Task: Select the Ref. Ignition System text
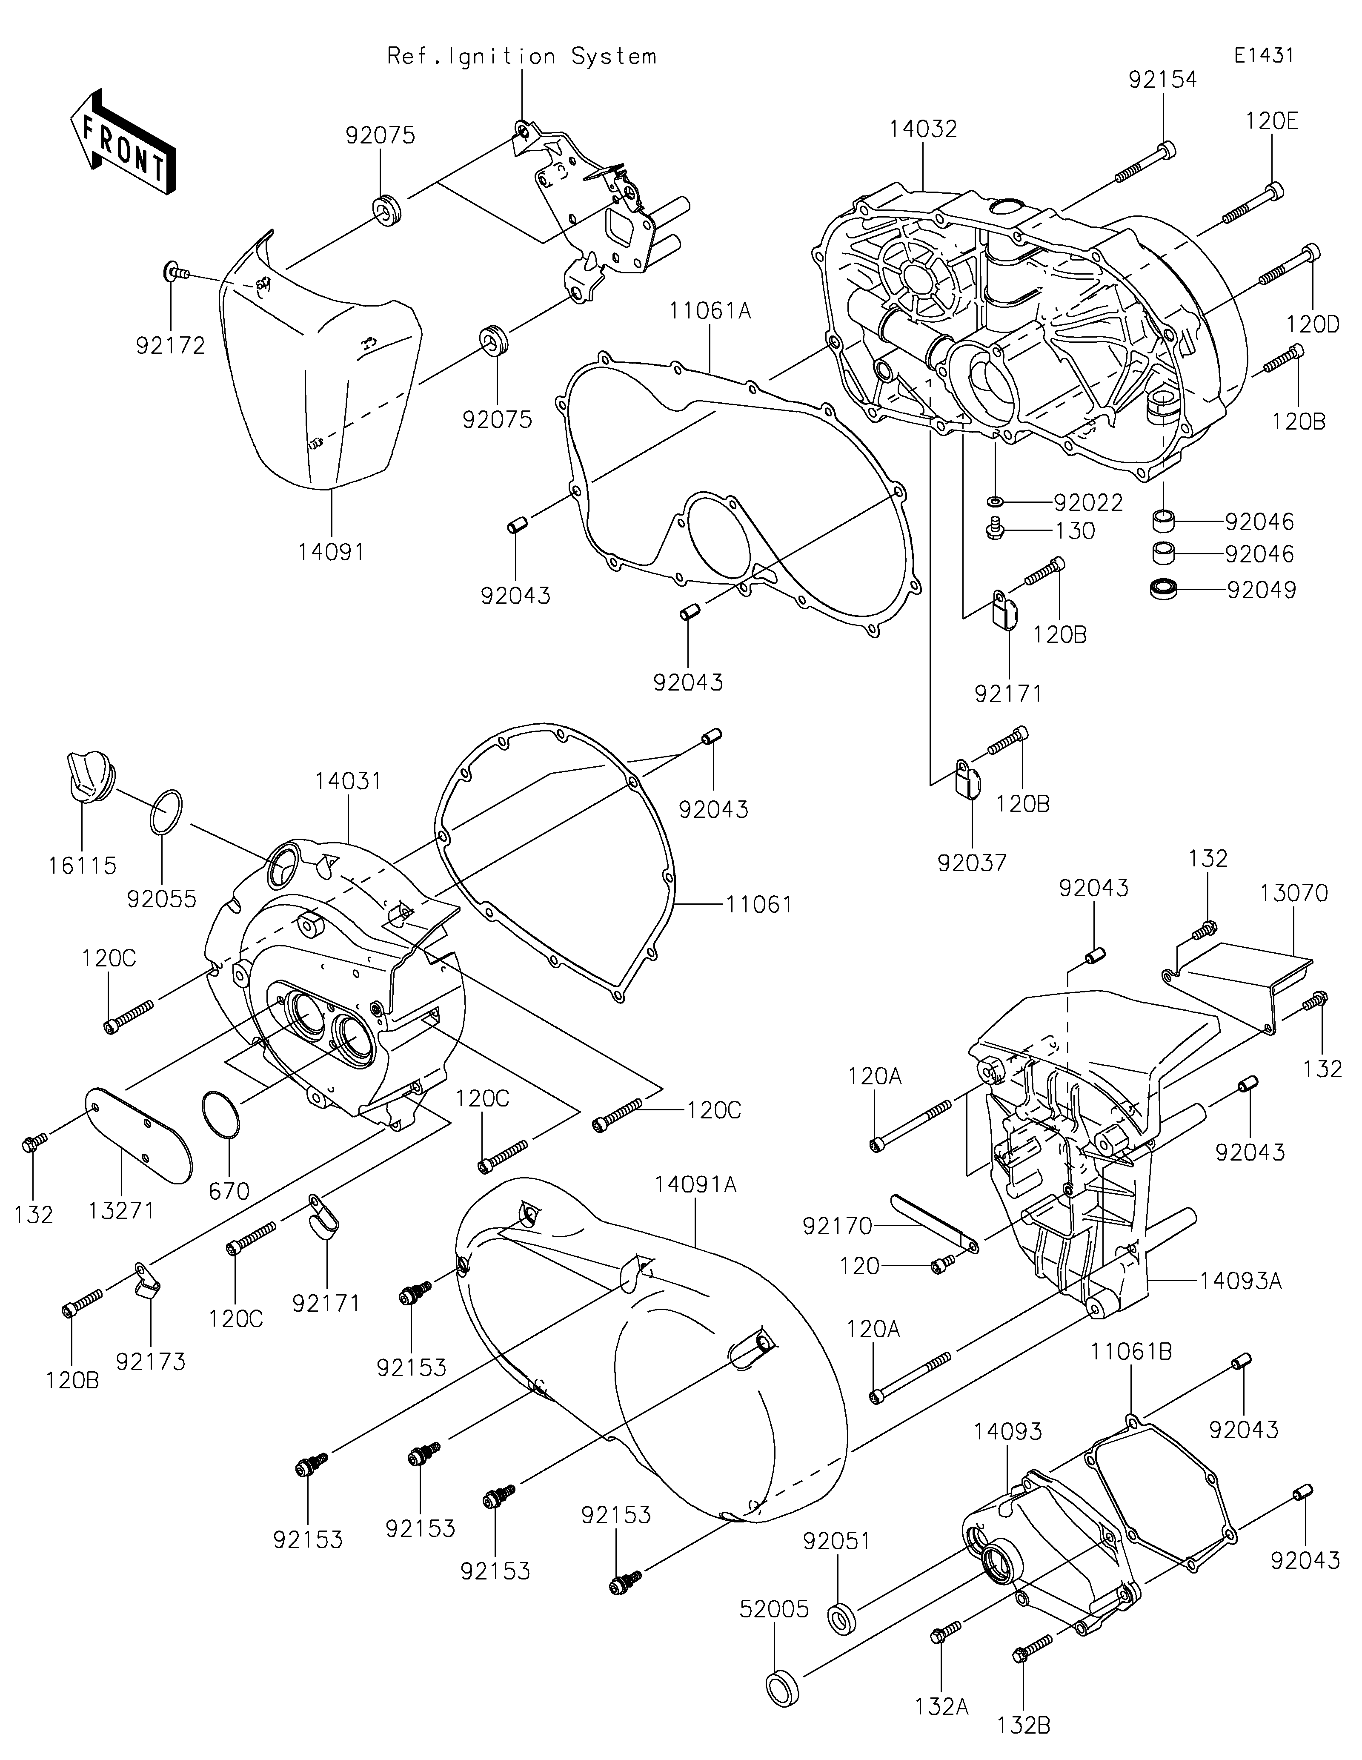pos(522,56)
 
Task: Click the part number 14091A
pos(696,1184)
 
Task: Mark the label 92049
pos(1261,590)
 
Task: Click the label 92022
pos(1088,502)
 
